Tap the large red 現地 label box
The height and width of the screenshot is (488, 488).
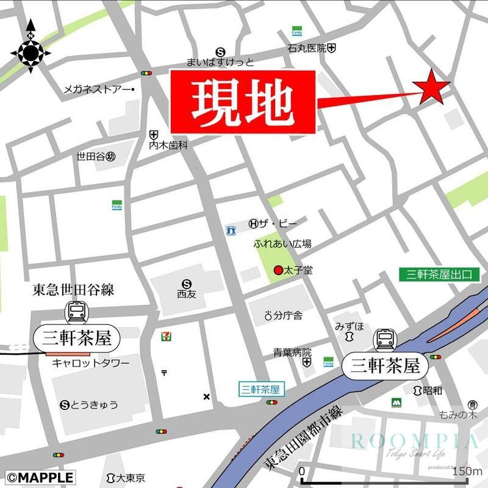243,101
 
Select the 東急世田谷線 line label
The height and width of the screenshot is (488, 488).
73,289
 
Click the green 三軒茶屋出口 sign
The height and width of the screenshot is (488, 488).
439,274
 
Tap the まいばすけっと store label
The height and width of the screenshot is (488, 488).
220,62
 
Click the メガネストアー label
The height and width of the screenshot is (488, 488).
98,90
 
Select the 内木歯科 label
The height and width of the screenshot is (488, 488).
168,146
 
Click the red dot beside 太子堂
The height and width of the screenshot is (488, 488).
278,270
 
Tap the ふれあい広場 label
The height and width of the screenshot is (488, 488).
282,244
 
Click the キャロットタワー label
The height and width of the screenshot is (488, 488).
90,364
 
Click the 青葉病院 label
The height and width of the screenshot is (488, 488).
292,352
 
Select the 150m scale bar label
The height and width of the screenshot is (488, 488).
467,471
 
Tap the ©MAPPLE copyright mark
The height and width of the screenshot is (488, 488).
40,477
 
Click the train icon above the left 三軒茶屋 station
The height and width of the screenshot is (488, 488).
77,312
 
